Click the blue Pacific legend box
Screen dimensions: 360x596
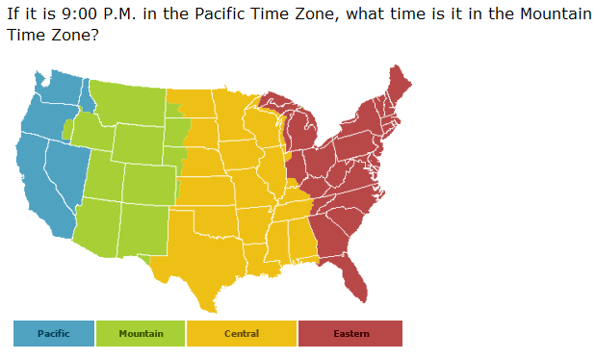pyautogui.click(x=54, y=333)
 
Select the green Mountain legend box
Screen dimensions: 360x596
pyautogui.click(x=141, y=333)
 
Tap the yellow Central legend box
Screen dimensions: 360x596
pyautogui.click(x=242, y=333)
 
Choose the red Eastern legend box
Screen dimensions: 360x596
pyautogui.click(x=350, y=333)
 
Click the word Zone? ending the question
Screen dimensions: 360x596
pyautogui.click(x=75, y=35)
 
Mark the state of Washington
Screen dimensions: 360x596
pyautogui.click(x=56, y=96)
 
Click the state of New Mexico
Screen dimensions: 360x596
pyautogui.click(x=141, y=231)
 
